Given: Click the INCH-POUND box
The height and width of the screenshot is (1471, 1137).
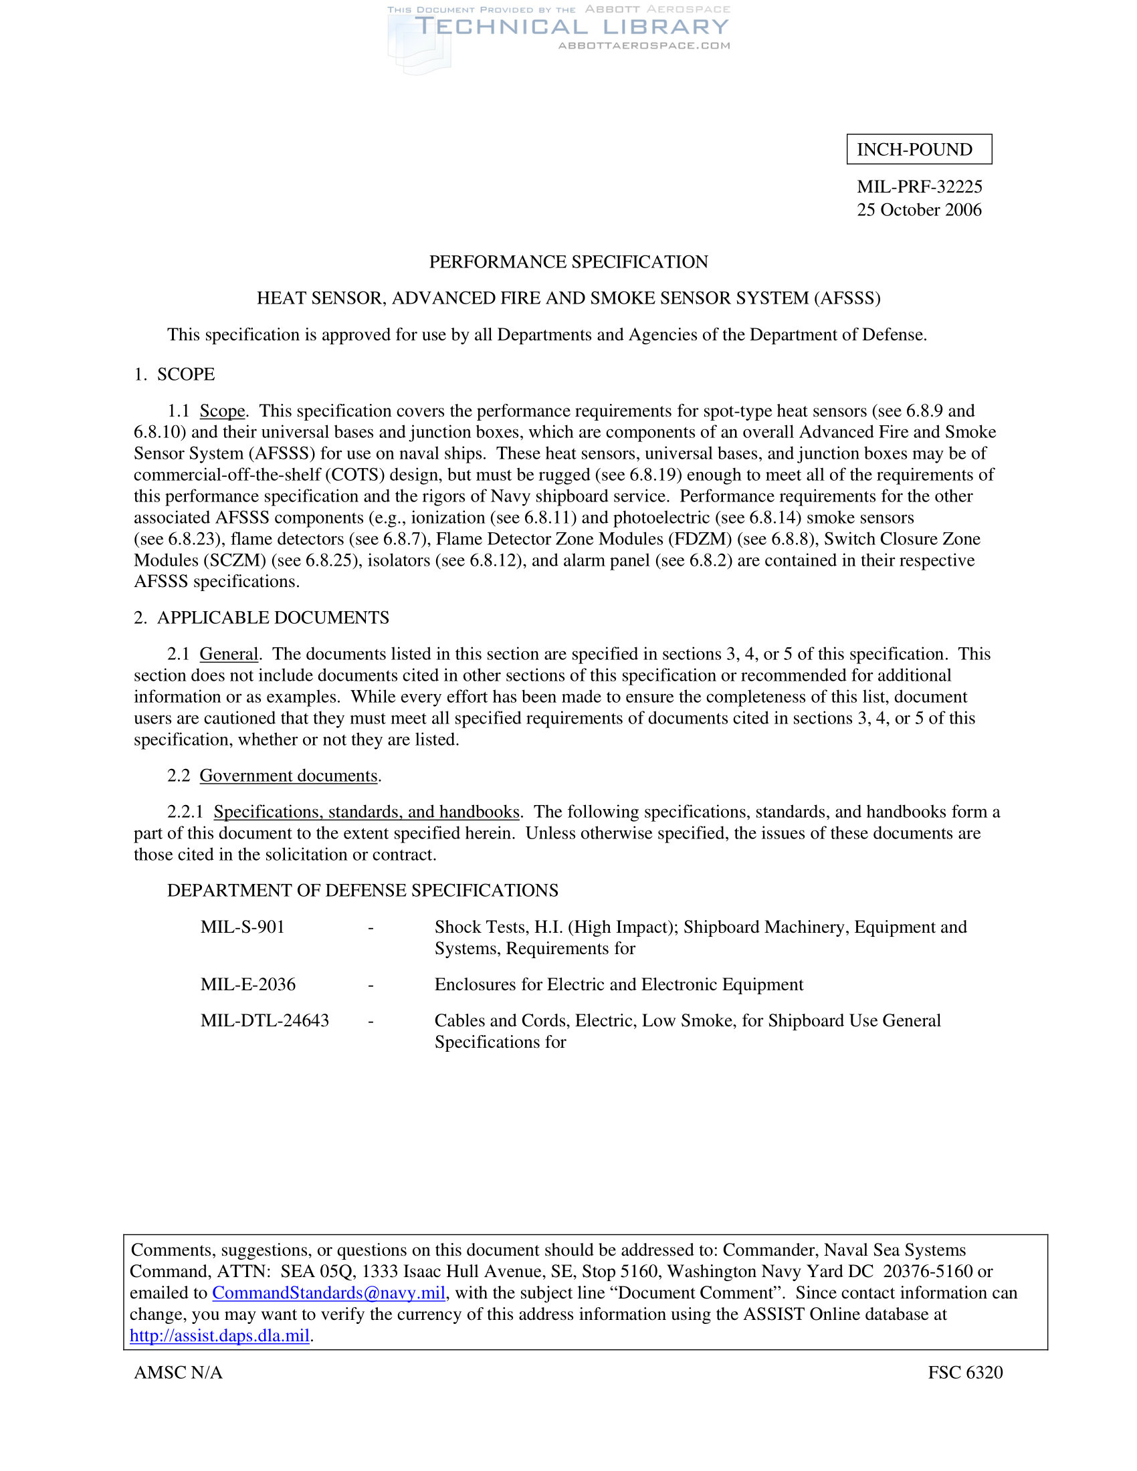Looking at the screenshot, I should (x=919, y=150).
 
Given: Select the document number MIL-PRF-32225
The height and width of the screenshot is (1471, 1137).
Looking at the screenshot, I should (x=919, y=187).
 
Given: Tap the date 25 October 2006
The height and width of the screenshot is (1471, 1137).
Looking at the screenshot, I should (x=919, y=210).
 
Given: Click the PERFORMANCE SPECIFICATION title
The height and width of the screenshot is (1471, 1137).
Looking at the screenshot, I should (x=568, y=262).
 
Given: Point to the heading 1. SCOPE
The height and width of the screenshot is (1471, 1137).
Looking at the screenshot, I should (x=175, y=374).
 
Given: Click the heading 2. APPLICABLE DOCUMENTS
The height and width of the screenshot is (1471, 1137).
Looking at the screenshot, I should (x=262, y=618).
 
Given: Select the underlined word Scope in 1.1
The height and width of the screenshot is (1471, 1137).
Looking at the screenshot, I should (x=222, y=411).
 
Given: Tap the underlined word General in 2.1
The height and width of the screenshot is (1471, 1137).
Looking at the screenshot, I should (x=229, y=654).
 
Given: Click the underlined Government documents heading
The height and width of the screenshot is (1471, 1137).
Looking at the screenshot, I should (x=288, y=776).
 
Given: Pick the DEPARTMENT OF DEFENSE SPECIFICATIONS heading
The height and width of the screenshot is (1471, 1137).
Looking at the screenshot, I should (x=363, y=891).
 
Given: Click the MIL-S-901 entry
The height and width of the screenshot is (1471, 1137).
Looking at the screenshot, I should (x=243, y=927).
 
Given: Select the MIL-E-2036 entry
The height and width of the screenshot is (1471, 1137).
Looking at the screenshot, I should (x=248, y=985).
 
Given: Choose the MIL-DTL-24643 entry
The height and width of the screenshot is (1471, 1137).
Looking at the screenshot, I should (x=265, y=1021).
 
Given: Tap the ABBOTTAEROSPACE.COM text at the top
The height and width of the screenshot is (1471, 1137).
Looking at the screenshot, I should (x=644, y=45).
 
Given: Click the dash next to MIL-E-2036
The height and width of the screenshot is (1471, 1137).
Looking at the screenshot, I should (x=371, y=986).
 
